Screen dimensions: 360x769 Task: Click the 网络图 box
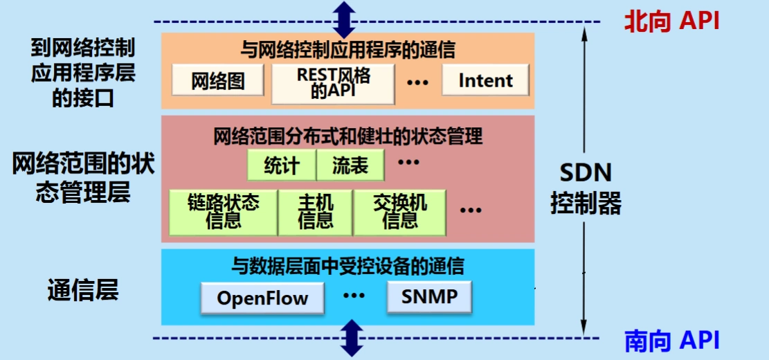pos(218,81)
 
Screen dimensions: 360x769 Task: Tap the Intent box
pos(485,80)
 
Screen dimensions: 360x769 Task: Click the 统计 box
pos(281,166)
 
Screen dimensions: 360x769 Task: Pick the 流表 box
pos(350,166)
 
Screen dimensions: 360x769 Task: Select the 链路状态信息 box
pos(223,212)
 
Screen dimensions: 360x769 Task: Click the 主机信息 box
pos(315,212)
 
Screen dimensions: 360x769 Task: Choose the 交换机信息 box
pos(400,212)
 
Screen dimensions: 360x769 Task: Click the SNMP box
pos(429,297)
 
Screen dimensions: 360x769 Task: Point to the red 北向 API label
pos(671,21)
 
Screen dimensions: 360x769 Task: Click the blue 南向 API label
pos(671,341)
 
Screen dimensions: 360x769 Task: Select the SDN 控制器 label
pos(586,188)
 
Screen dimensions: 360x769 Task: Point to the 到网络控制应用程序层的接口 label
pos(83,73)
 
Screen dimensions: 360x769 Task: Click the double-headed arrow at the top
pos(344,19)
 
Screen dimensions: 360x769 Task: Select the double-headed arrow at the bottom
pos(352,338)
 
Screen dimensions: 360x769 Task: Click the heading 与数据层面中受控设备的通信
pos(347,265)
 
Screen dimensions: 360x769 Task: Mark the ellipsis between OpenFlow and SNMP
pos(354,296)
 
